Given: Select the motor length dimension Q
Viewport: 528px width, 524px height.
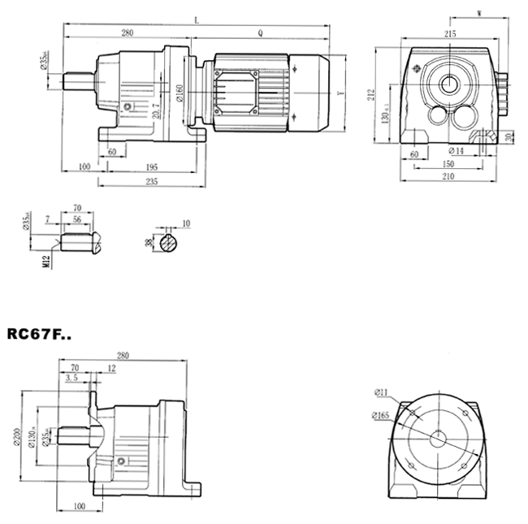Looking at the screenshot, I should (260, 33).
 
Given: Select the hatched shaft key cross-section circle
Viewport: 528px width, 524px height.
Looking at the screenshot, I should (170, 242).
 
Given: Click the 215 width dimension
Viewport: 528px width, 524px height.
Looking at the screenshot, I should (450, 34).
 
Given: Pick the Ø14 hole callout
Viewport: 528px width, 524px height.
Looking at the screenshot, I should (456, 151).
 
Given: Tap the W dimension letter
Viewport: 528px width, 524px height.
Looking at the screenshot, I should (481, 14).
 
